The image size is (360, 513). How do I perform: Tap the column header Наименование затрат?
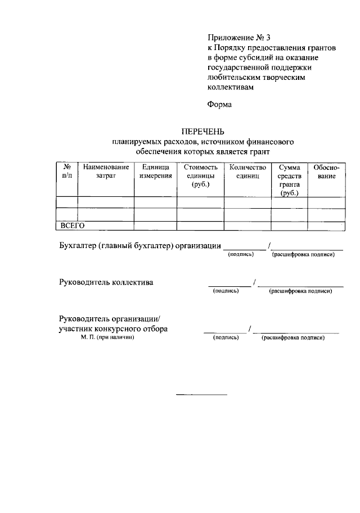click(x=106, y=172)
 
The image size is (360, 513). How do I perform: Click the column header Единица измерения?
click(x=155, y=172)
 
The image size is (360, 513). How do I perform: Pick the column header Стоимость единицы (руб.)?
click(x=200, y=176)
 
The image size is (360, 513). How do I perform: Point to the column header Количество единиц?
click(x=247, y=172)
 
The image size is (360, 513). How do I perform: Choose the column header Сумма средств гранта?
click(x=289, y=180)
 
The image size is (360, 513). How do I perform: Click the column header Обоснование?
click(x=326, y=172)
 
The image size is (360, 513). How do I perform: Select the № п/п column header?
click(x=66, y=172)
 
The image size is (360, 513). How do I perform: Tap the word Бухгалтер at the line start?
click(x=78, y=245)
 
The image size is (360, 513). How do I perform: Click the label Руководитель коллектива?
click(x=106, y=282)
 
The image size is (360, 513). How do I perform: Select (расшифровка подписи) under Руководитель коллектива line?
click(x=300, y=291)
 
